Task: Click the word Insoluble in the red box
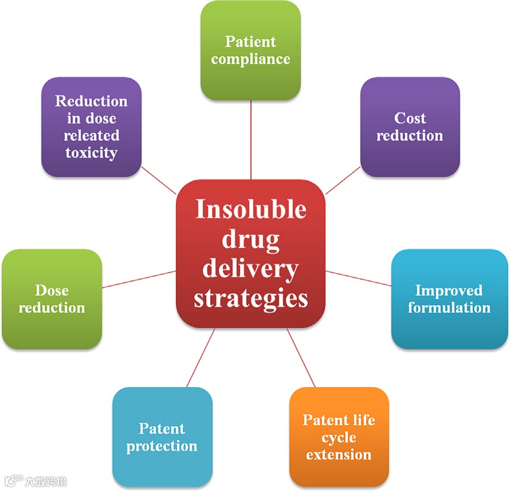(250, 209)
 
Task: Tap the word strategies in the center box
(250, 297)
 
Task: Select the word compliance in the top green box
(250, 59)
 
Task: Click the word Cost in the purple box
(410, 118)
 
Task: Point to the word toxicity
(91, 153)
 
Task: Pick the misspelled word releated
(91, 136)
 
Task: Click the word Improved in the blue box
(449, 291)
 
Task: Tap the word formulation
(449, 308)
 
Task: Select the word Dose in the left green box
(52, 291)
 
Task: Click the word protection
(162, 446)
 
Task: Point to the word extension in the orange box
(339, 455)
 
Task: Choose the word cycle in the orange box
(339, 438)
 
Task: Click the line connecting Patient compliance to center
(250, 142)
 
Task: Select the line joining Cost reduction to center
(343, 180)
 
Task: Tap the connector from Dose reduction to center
(139, 279)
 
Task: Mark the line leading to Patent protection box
(201, 358)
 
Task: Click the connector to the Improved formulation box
(358, 278)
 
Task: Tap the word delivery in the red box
(250, 268)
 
